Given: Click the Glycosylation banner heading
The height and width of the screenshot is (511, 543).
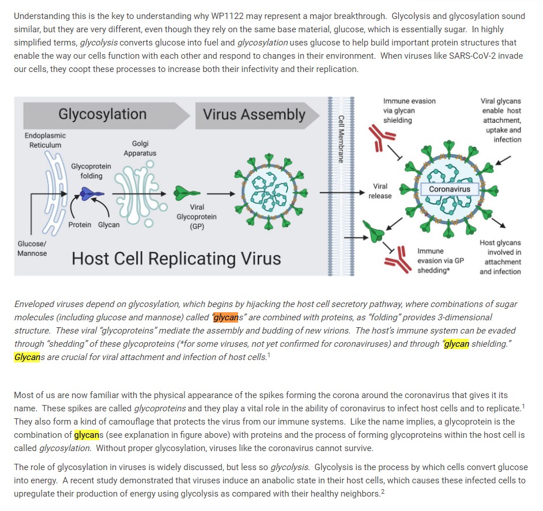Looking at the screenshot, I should pos(102,114).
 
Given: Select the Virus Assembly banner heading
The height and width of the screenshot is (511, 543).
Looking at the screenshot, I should pos(254,114).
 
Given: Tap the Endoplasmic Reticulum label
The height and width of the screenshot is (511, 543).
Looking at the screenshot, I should pos(45,140).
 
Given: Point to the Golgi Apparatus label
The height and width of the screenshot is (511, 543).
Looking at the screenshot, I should pos(139,148).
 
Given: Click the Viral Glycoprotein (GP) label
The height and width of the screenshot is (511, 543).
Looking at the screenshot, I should pos(197,217).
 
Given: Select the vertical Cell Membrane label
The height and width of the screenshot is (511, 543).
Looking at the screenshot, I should pos(341,139).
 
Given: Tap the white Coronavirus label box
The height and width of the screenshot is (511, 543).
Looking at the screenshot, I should pos(449,189).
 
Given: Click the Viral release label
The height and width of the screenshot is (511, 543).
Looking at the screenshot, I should pos(380,191).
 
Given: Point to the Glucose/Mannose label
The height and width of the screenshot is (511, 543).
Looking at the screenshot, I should pos(32,248).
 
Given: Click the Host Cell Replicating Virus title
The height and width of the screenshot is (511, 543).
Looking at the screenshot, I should pos(176,259).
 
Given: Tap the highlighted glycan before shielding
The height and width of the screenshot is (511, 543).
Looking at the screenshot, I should pos(456,344).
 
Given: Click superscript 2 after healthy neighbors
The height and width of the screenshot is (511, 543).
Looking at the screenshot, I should pos(382,493).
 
